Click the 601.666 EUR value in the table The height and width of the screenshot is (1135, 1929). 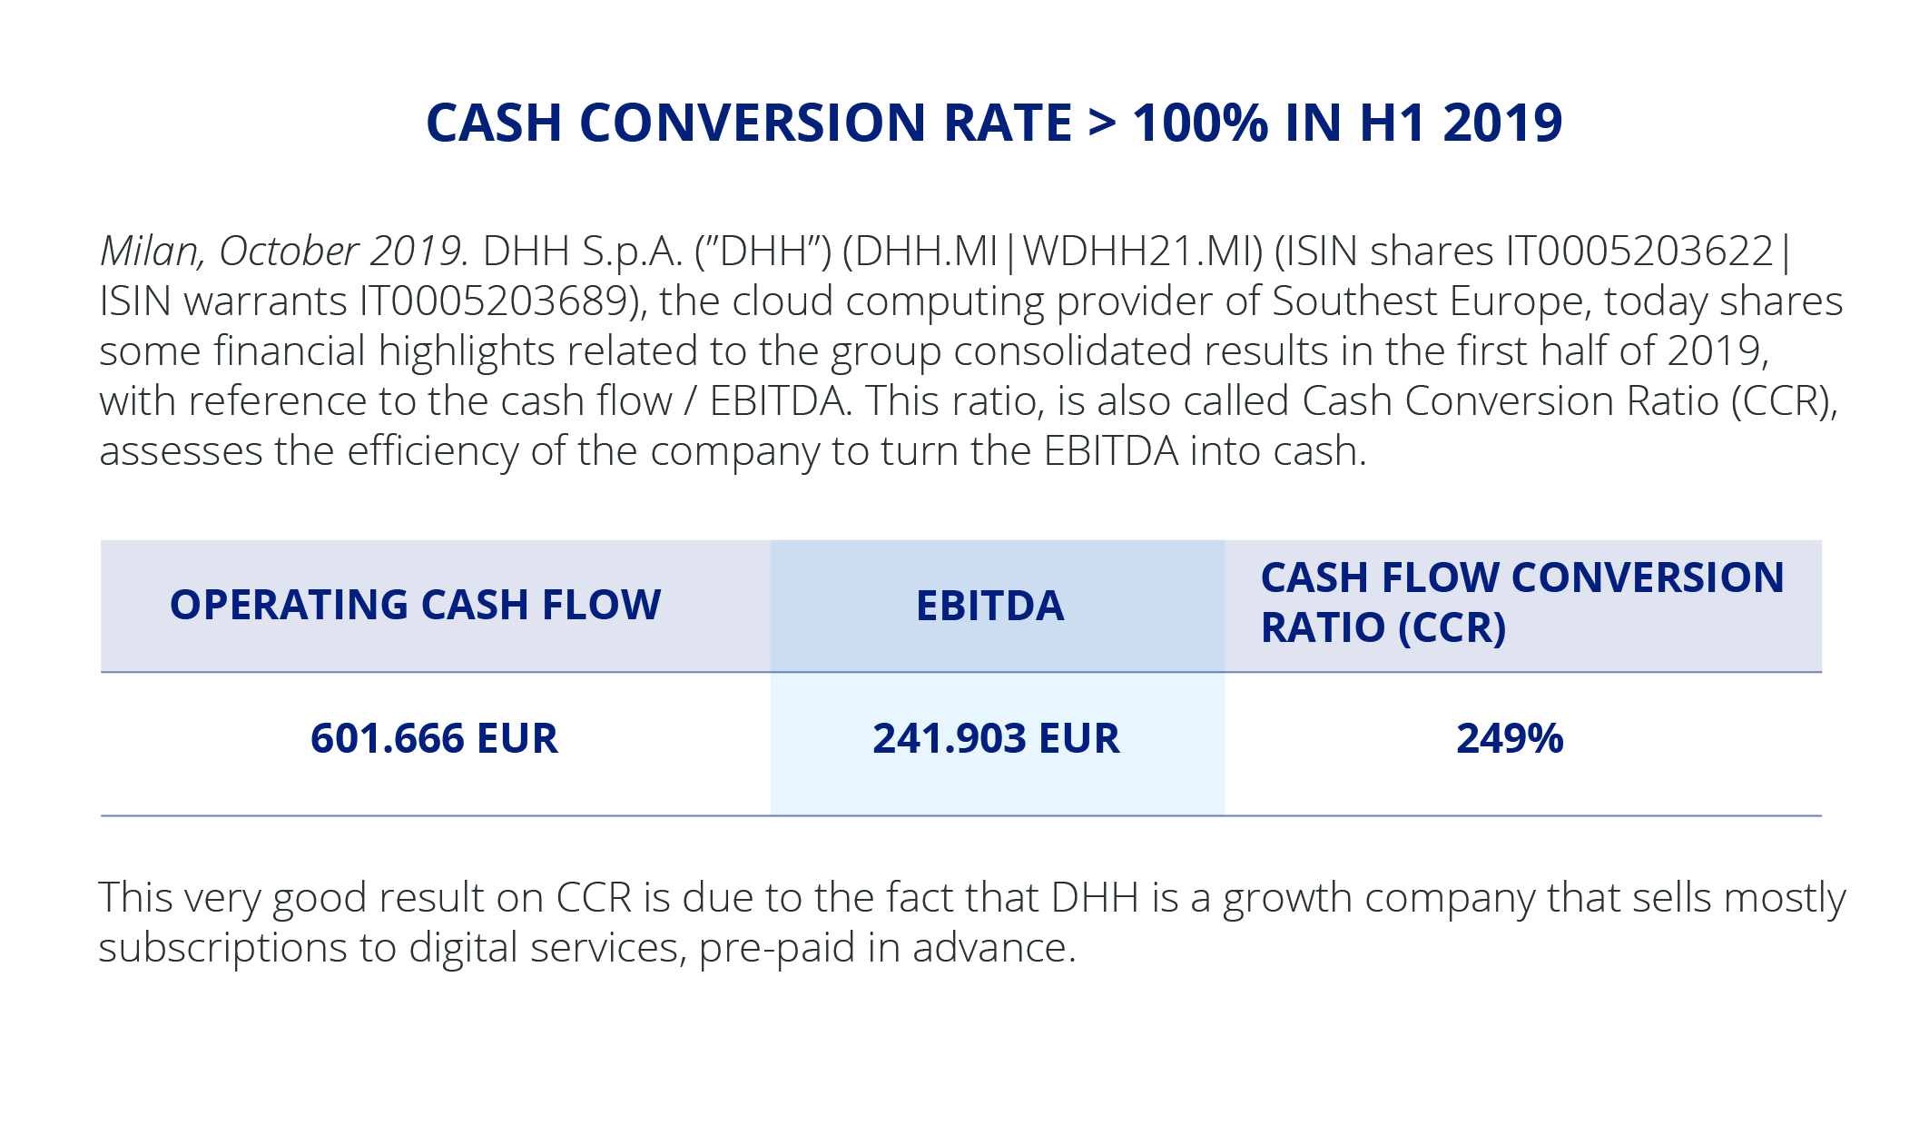(434, 738)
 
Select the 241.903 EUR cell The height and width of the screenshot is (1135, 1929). (996, 738)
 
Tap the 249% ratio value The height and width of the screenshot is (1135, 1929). (1510, 738)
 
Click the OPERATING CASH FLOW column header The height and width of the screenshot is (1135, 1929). (416, 605)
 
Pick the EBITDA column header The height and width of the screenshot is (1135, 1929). (989, 606)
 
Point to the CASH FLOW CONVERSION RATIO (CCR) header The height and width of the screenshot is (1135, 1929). (1521, 602)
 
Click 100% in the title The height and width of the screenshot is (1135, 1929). (1200, 123)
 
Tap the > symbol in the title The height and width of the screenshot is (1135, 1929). (1102, 124)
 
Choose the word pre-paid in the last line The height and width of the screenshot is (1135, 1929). (777, 948)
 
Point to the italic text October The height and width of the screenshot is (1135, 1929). (290, 252)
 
